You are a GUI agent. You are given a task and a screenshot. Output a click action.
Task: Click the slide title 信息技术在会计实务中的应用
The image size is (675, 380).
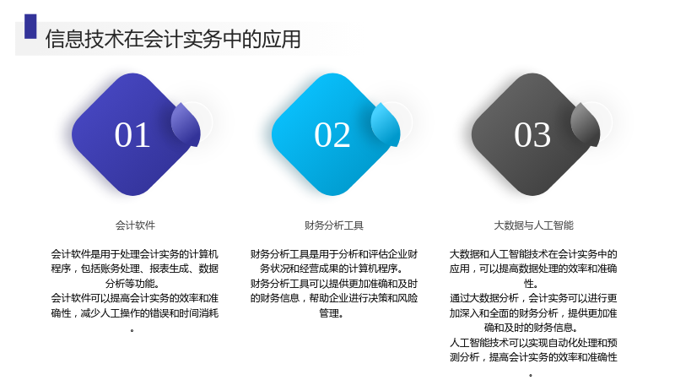pos(173,39)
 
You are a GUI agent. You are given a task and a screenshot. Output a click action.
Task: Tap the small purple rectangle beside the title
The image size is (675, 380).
pos(30,26)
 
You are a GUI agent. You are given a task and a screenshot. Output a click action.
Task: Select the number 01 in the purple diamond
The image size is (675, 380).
pos(132,135)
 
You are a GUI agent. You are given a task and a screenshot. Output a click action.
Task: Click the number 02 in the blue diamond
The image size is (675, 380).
pos(332,135)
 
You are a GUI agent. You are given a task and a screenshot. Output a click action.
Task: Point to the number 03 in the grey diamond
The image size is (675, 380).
pos(532,135)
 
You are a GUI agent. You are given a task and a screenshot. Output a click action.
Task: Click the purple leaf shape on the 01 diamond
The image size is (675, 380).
pos(186,124)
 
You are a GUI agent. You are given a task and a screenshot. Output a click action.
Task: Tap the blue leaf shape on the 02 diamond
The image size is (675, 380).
pos(386,124)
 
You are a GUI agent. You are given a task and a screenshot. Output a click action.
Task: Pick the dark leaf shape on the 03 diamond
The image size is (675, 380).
pos(586,124)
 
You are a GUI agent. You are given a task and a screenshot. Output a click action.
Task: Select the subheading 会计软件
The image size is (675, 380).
pos(135,225)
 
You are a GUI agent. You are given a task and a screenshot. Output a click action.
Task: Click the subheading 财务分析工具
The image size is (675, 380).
pos(334,225)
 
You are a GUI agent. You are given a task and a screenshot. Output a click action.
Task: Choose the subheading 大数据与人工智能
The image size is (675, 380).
pos(533,225)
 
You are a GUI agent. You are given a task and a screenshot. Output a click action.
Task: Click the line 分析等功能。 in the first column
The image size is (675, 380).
pos(132,284)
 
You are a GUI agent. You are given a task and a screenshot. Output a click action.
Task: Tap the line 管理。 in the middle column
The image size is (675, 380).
pos(332,313)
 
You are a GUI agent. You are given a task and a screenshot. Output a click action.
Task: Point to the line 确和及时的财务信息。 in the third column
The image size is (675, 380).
pos(531,328)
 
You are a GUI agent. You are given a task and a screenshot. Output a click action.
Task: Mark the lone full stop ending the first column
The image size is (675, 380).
pos(132,331)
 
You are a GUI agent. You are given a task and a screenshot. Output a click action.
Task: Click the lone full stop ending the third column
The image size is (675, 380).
pos(531,375)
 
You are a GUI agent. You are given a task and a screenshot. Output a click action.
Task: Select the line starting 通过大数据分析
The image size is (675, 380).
pos(533,298)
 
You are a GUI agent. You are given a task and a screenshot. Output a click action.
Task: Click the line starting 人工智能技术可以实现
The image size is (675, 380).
pos(533,343)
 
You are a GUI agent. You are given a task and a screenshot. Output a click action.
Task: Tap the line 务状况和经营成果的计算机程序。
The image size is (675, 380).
pos(332,269)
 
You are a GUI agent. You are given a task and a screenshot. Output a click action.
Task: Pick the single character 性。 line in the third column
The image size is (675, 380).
pos(531,284)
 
